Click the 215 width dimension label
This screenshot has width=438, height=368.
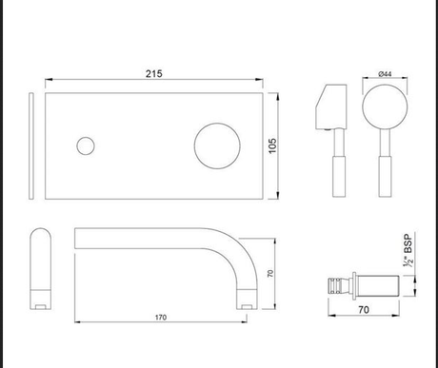[154, 71]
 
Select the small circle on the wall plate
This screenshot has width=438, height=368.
[85, 146]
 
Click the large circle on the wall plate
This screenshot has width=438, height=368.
[215, 146]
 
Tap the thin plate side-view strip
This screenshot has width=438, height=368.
[34, 146]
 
